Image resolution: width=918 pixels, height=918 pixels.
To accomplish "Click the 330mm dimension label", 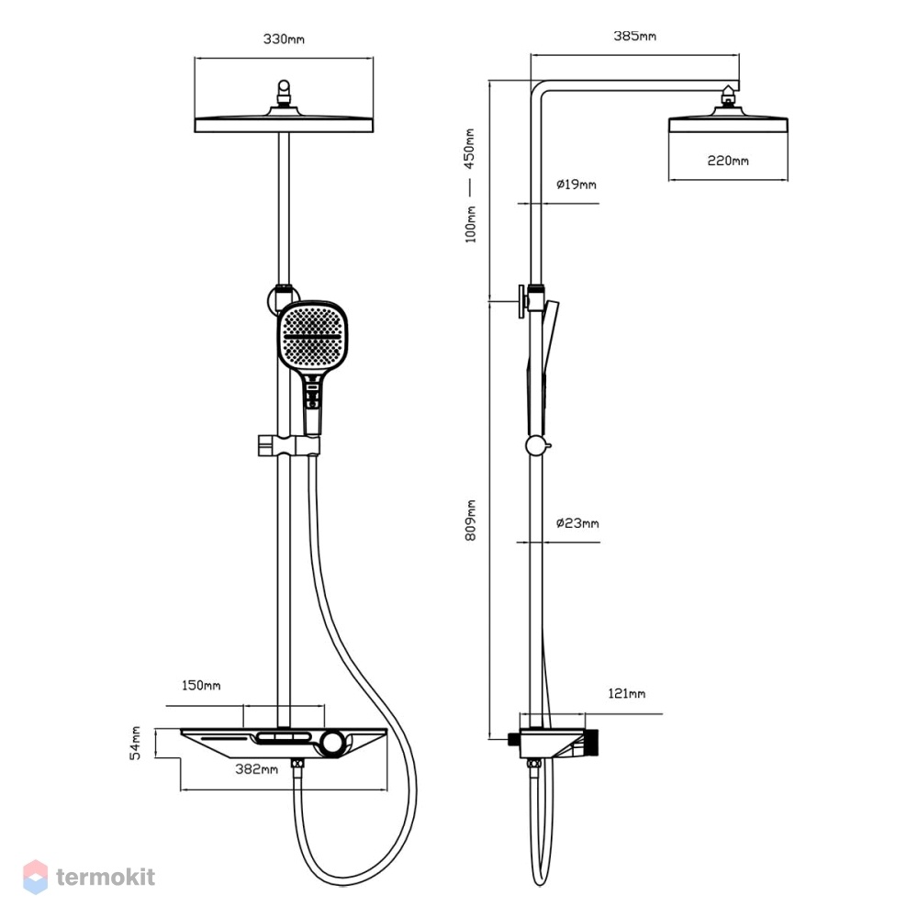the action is [284, 39].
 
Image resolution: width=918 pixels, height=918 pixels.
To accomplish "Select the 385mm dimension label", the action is [634, 37].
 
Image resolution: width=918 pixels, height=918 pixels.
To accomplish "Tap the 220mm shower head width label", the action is [728, 161].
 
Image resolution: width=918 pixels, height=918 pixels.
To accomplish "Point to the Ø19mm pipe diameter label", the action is [577, 185].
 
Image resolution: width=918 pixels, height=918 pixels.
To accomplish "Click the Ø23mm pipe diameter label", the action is [577, 523].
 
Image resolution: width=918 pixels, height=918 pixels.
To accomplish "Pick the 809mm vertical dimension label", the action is [471, 520].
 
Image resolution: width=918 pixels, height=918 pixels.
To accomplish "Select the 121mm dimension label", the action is [626, 694].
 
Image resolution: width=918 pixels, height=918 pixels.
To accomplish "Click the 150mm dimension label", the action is [201, 685].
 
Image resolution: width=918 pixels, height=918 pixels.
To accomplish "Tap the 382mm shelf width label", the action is [256, 769].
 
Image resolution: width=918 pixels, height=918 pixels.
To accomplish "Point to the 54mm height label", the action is [135, 743].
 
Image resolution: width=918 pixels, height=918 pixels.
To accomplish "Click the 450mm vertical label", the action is [469, 149].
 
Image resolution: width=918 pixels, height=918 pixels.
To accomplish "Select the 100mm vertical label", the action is [471, 224].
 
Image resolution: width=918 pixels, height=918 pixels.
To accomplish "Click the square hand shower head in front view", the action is [312, 337].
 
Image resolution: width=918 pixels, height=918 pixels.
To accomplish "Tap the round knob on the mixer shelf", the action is [332, 743].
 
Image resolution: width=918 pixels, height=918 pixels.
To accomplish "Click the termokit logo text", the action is [106, 877].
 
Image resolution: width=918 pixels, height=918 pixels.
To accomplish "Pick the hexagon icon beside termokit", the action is [35, 877].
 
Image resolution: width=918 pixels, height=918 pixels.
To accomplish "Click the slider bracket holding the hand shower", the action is [288, 445].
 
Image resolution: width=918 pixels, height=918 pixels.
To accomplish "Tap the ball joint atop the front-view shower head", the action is [284, 90].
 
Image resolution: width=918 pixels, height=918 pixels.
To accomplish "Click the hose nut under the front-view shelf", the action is [298, 763].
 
